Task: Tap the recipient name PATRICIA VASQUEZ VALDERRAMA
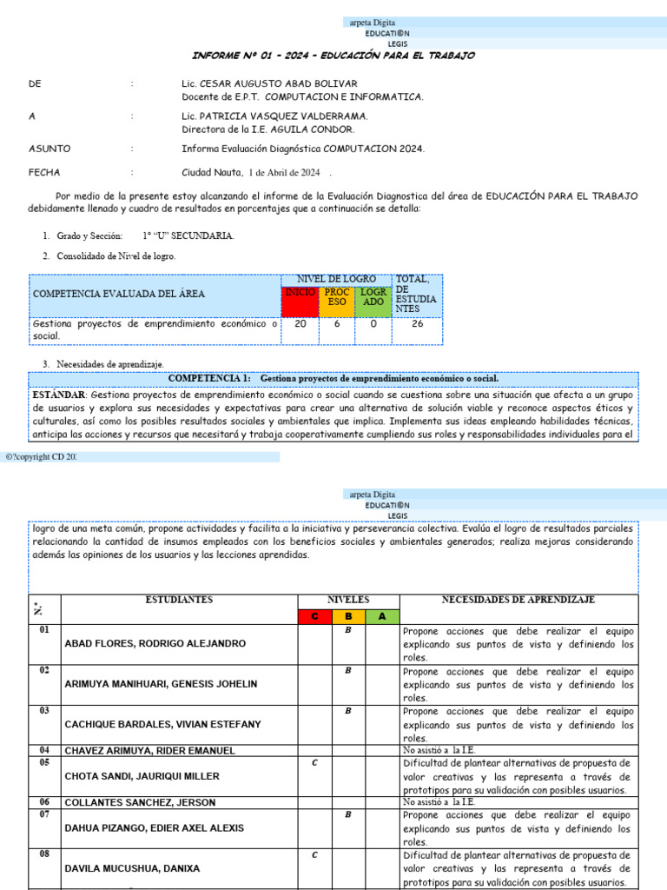pos(283,116)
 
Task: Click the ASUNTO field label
pos(50,149)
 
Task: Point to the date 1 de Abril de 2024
pos(284,172)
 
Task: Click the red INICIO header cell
pos(300,293)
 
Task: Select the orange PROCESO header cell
pos(337,297)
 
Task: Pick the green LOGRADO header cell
pos(373,297)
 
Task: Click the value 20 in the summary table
pos(300,323)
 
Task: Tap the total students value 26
pos(417,323)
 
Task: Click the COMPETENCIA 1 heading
pos(333,379)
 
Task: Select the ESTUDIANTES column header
pos(178,600)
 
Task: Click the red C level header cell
pos(315,617)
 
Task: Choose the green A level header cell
pos(381,617)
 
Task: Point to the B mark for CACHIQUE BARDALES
pos(347,710)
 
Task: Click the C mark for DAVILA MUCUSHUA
pos(314,854)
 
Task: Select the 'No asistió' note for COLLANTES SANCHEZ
pos(439,802)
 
